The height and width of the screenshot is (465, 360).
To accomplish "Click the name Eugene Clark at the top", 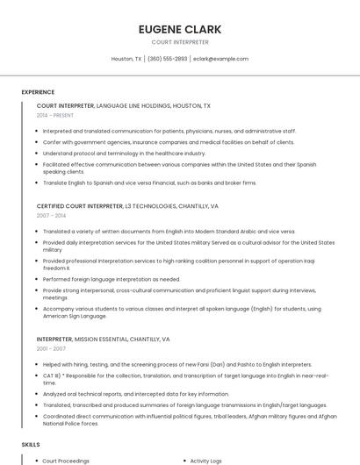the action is pos(180,29).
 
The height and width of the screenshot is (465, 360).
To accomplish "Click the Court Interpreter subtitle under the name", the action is pos(180,42).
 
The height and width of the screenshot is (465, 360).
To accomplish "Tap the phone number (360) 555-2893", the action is pos(167,59).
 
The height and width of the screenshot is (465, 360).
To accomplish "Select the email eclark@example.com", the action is pos(221,59).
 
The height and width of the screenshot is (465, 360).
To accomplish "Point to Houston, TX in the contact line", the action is pos(126,59).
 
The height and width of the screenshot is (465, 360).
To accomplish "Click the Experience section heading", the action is pos(38,92).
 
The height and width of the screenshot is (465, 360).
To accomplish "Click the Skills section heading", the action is pos(31,446).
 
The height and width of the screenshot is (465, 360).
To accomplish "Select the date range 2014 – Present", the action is pos(55,115).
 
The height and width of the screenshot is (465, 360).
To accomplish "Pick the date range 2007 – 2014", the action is pos(51,215).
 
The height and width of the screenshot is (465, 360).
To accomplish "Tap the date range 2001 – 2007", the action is pos(51,348).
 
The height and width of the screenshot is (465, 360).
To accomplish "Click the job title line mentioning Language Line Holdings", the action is pos(124,105).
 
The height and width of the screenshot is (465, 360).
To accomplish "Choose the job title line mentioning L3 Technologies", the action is pos(127,206).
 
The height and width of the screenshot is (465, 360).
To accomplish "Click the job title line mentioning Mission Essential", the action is pos(103,339).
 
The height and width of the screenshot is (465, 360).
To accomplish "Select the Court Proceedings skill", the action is pos(66,461).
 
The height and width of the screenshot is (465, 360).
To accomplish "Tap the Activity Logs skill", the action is pos(206,461).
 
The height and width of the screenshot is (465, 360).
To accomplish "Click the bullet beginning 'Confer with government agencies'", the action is pos(169,142).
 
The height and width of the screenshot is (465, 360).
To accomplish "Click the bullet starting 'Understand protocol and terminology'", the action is pos(124,153).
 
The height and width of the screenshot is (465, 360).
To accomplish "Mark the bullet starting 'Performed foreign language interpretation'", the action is pos(112,279).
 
